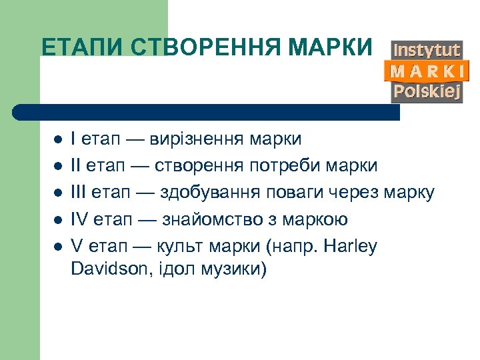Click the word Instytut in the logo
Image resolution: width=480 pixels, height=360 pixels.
(427, 50)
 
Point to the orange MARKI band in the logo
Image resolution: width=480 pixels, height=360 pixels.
(427, 71)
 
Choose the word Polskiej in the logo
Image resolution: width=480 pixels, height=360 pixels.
(427, 91)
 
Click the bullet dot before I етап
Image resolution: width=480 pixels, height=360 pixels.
(57, 140)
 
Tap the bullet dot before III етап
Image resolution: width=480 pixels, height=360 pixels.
(57, 193)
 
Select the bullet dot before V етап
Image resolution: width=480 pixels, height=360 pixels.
(57, 247)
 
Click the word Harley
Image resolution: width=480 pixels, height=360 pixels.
(351, 247)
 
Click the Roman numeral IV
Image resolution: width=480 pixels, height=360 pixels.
(79, 220)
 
